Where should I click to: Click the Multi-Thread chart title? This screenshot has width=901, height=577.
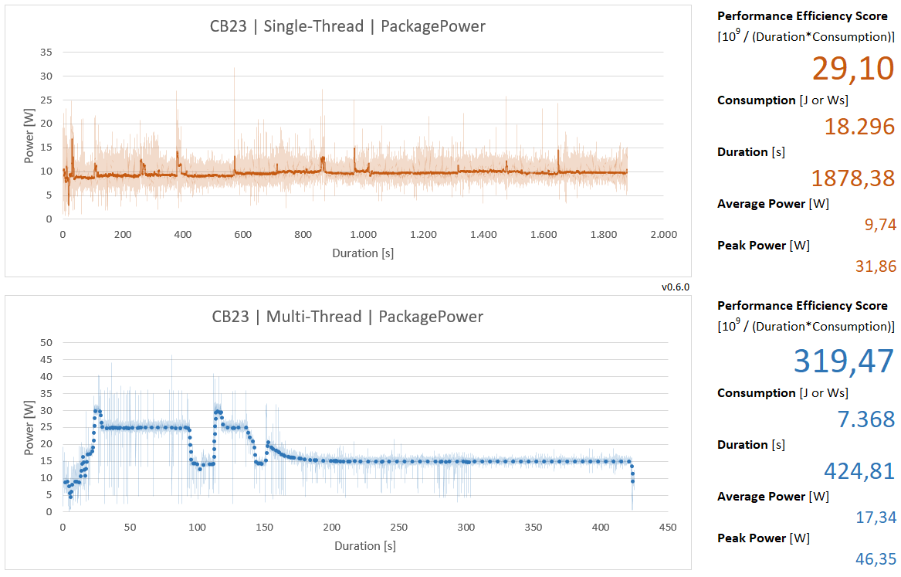point(347,317)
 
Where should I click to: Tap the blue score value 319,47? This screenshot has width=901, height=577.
point(843,361)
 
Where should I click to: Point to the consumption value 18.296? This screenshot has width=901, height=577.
point(859,127)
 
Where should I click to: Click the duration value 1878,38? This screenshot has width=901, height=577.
point(852,178)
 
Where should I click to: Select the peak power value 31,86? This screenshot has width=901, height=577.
point(875,266)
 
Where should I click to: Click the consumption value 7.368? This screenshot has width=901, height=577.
point(865,419)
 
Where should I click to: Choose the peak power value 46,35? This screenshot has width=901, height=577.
point(875,558)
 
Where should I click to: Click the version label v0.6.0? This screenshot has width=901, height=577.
point(675,287)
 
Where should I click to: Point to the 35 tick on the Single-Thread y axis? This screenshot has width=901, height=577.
point(46,53)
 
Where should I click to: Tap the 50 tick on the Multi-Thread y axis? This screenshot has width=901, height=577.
point(46,343)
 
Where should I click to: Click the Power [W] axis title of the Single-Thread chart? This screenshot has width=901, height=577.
point(29,137)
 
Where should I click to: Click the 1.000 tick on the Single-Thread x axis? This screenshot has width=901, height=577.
point(363,234)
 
